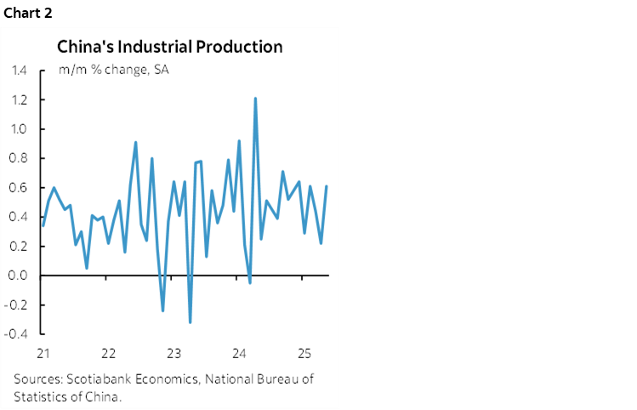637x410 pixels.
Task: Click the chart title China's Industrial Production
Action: (169, 47)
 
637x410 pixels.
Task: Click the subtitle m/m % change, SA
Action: (113, 70)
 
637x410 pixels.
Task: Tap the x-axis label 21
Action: (43, 352)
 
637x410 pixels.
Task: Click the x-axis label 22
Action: (108, 352)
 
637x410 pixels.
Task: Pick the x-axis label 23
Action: (173, 352)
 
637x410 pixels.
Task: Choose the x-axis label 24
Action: (239, 352)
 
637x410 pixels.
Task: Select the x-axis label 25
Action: (304, 352)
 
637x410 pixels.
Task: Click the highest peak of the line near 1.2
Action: (255, 99)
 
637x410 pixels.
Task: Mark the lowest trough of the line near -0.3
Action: (190, 322)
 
